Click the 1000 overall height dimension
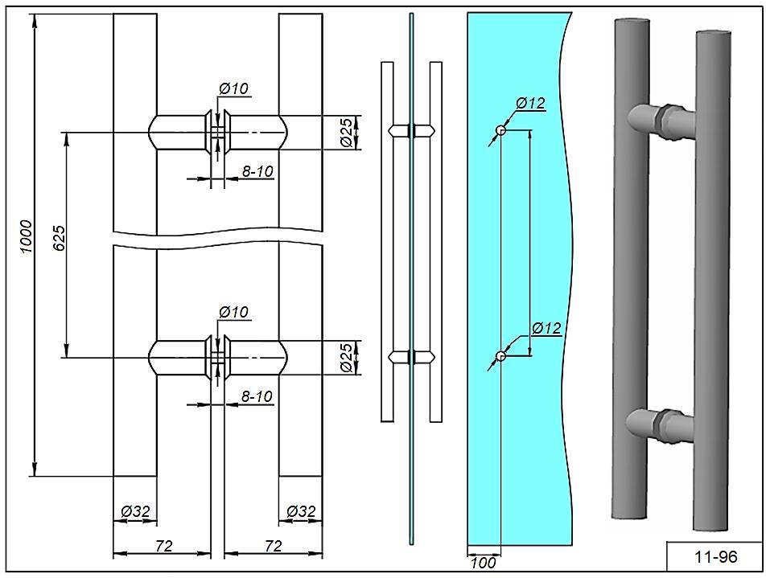[26, 236]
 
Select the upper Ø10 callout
[233, 89]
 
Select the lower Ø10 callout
[233, 312]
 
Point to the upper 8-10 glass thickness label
[258, 171]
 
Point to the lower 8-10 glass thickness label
[258, 396]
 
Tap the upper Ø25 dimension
[344, 132]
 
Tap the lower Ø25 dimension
[344, 357]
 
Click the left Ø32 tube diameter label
[135, 510]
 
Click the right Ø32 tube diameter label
[301, 510]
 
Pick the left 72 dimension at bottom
[163, 546]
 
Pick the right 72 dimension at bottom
[273, 546]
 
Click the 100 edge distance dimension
[483, 563]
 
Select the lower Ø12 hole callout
[546, 328]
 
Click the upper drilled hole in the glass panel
[500, 130]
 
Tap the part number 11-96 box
[714, 555]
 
